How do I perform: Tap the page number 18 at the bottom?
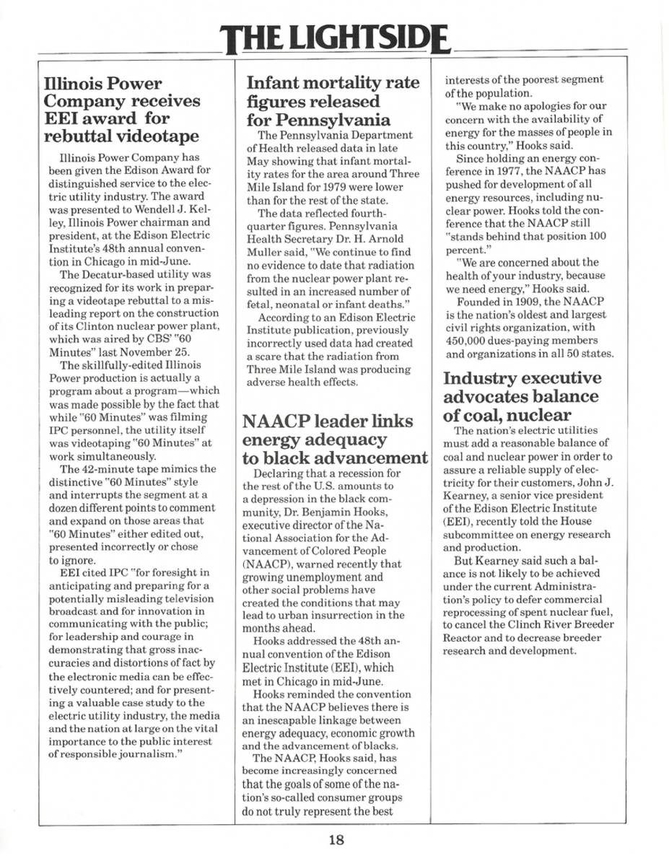pos(336,839)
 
